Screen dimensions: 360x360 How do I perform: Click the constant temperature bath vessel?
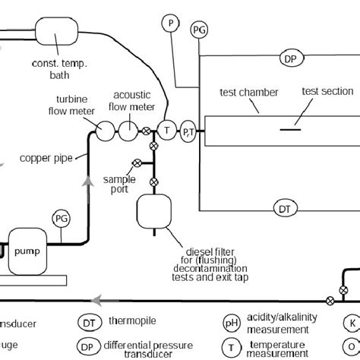[58, 31]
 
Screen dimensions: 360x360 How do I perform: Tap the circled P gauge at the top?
[169, 24]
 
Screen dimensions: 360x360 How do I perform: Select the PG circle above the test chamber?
[199, 30]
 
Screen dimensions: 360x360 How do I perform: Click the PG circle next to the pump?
[62, 219]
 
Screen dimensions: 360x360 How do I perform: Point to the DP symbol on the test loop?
[289, 58]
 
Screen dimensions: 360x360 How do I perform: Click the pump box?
[28, 248]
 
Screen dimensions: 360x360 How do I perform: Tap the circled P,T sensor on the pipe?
[188, 132]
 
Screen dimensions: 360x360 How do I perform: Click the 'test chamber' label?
[248, 93]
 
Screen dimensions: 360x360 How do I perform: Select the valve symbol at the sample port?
[137, 163]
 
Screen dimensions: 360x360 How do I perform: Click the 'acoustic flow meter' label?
[134, 100]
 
